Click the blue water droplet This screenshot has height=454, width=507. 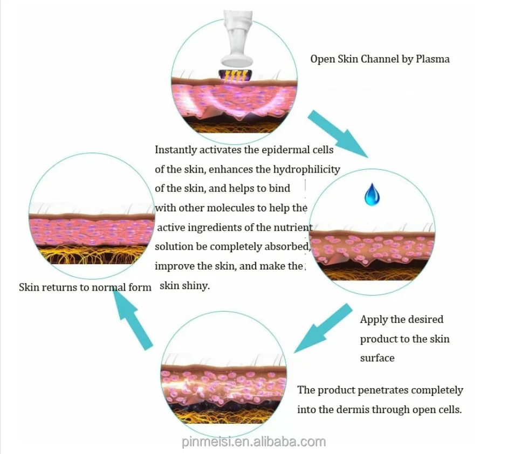(x=372, y=195)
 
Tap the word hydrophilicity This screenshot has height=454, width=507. (x=306, y=169)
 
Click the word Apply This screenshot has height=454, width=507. (x=373, y=319)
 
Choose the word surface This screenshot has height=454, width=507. (x=377, y=358)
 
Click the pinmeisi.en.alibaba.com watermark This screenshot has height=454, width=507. (x=253, y=442)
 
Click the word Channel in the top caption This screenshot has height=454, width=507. (x=377, y=59)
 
